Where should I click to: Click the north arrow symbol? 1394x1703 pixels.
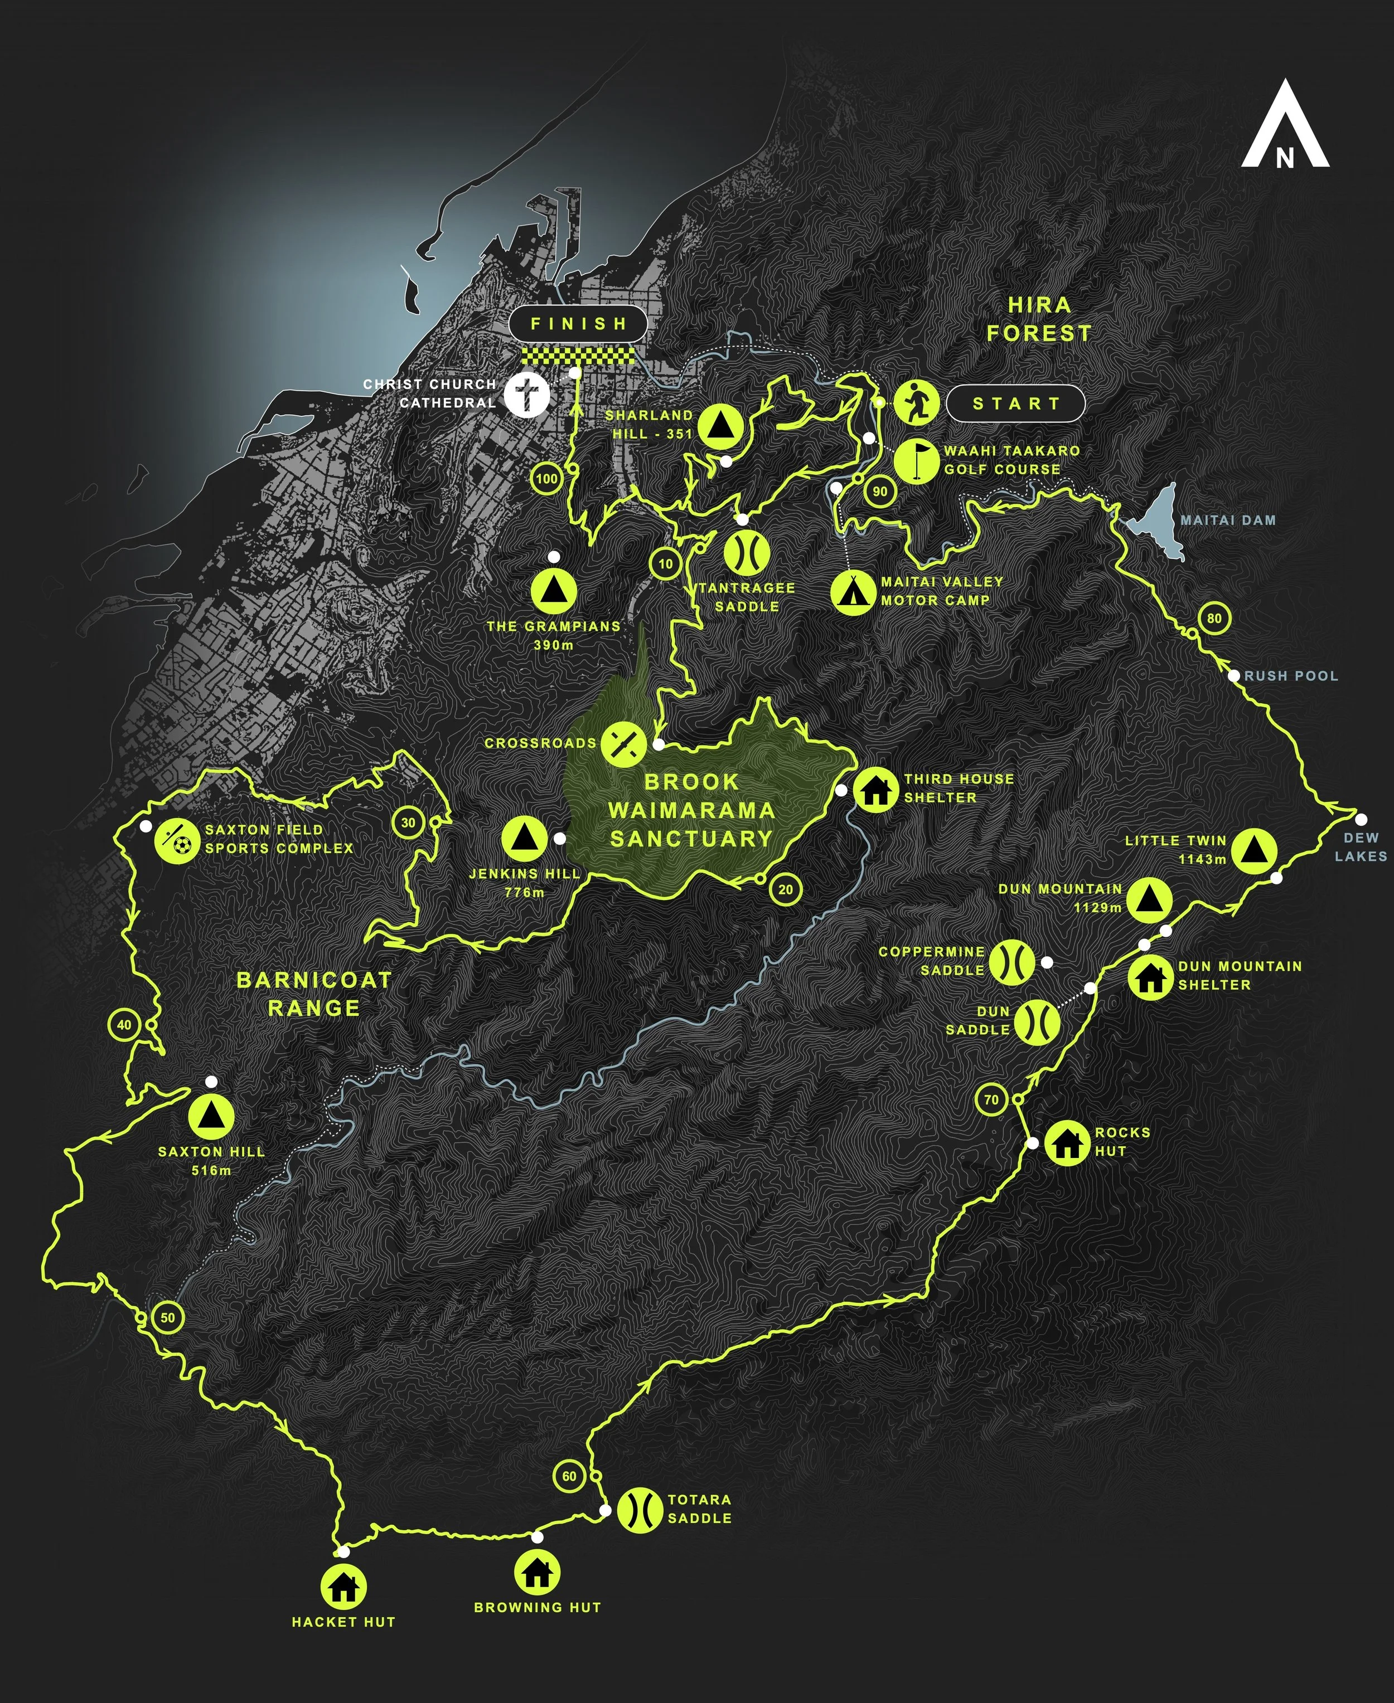click(1285, 124)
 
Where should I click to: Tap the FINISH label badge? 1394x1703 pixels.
click(578, 324)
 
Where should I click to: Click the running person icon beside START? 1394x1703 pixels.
click(916, 403)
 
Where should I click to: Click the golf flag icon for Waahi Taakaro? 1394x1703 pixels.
click(916, 461)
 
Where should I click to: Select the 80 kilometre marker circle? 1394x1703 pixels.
click(1214, 618)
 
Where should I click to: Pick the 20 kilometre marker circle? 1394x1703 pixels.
click(785, 889)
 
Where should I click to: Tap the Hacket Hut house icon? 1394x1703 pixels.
click(343, 1587)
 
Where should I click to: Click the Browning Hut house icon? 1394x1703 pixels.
click(537, 1572)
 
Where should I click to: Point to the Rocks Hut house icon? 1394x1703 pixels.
click(1067, 1141)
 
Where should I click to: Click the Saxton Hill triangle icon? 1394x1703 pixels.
click(211, 1116)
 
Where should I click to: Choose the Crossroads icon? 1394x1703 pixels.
click(624, 743)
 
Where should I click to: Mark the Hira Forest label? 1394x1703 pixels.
click(1038, 319)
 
